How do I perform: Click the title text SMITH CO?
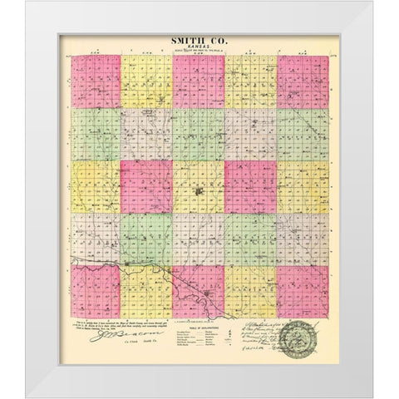point(197,39)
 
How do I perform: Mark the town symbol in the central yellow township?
point(198,195)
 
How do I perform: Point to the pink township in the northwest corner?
point(95,81)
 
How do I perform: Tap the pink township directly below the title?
point(198,81)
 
